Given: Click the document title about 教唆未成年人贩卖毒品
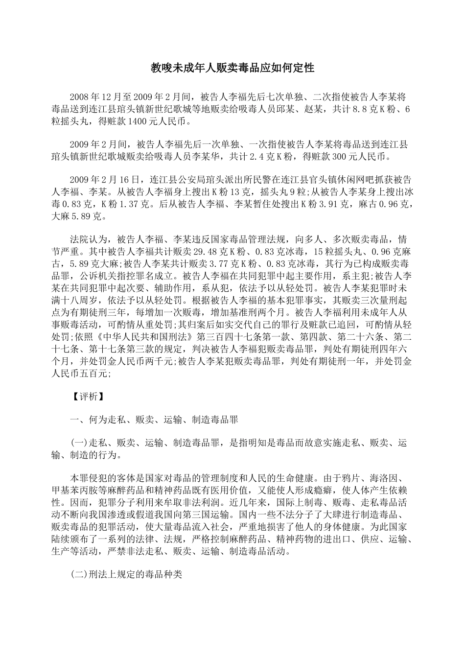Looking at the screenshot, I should [x=232, y=68].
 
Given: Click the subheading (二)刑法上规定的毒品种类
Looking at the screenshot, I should [x=126, y=574].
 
